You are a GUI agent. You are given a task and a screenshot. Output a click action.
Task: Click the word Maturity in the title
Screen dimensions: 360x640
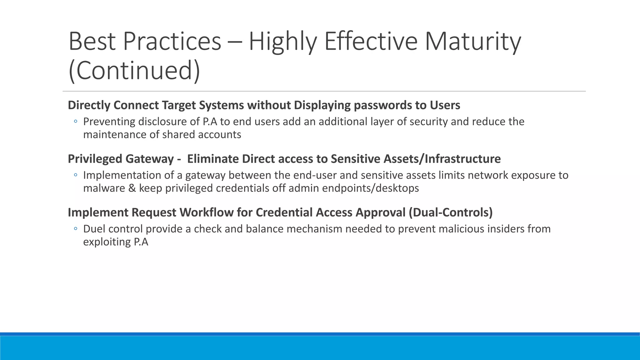tap(472, 42)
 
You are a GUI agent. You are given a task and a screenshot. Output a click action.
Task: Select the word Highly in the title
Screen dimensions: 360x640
tap(282, 42)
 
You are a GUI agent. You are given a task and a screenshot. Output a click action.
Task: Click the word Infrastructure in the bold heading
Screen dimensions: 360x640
tap(462, 159)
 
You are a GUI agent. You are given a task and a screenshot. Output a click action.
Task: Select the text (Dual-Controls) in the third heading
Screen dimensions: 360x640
tap(450, 212)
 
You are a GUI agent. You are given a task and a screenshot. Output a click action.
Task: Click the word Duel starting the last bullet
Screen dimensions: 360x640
tap(94, 229)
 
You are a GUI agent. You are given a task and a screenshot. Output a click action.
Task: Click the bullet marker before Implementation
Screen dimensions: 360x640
tap(75, 175)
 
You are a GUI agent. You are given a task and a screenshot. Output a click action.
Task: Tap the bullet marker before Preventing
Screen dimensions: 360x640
tap(75, 122)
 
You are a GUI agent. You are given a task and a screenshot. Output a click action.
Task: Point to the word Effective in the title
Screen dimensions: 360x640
tap(371, 42)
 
